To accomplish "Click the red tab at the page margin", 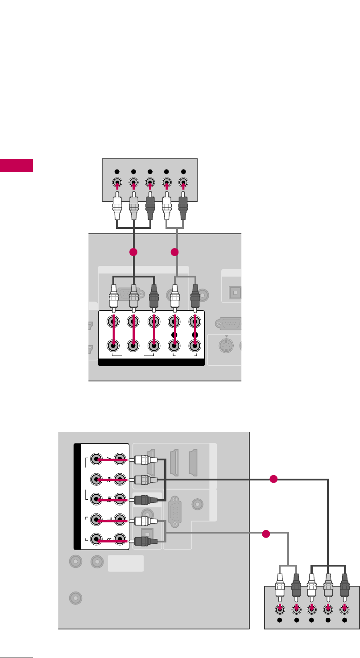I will pos(17,165).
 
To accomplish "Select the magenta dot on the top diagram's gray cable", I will pos(174,252).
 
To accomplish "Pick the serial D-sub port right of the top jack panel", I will pos(229,323).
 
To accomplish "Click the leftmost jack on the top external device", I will pos(116,182).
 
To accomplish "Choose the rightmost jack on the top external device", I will pos(183,182).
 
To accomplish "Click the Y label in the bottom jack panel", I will pos(108,459).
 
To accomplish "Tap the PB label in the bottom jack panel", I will pos(108,480).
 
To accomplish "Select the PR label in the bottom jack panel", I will pos(108,499).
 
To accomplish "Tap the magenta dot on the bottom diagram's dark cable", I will pos(274,479).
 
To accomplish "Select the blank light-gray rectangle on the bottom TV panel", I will pos(126,563).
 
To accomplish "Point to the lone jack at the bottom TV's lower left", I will pos(76,597).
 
